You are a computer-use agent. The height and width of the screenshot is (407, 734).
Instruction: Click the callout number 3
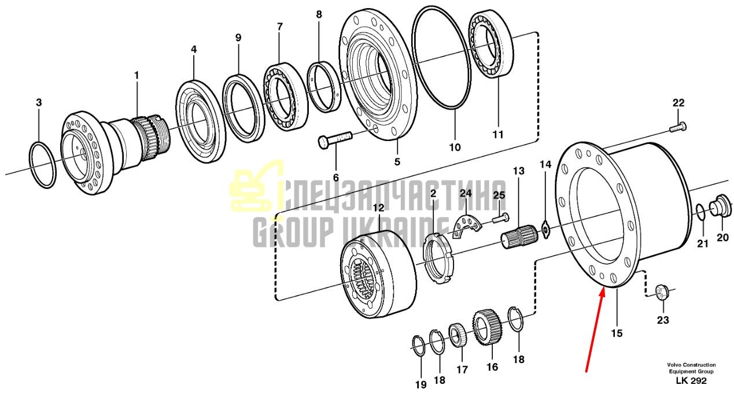39,102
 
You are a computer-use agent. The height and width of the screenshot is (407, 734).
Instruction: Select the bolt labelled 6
335,140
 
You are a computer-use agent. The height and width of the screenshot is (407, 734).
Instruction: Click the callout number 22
678,103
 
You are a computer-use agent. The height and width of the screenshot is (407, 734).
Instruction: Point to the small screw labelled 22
678,127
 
